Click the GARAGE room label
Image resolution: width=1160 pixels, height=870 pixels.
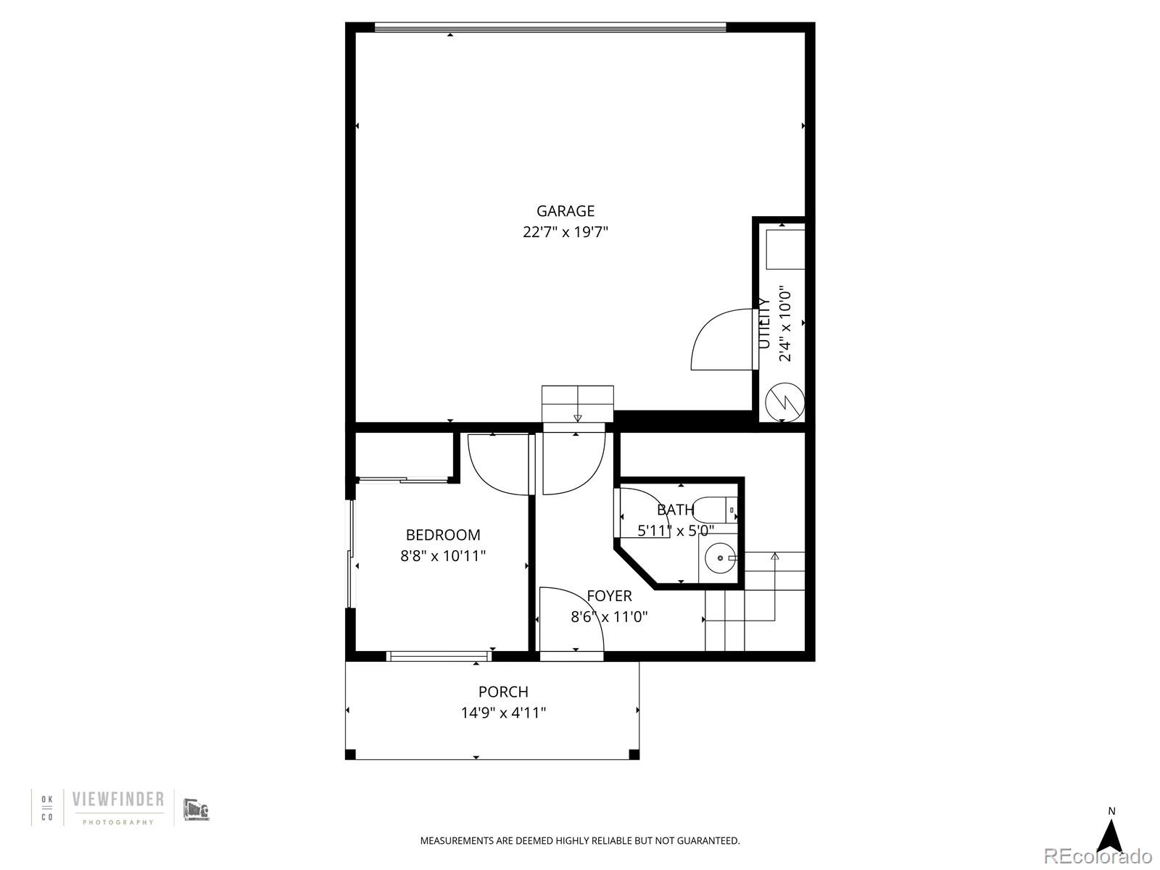tap(565, 211)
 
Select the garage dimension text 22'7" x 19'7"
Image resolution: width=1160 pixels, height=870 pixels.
tap(565, 233)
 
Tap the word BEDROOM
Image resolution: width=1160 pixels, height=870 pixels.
tap(442, 535)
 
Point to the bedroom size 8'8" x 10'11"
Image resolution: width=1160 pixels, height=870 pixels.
tap(442, 556)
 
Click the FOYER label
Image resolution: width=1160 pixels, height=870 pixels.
tap(609, 596)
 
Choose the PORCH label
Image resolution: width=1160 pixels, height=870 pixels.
tap(503, 692)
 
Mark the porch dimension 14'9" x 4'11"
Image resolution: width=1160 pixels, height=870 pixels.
tap(503, 713)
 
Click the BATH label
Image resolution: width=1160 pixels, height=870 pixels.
tap(675, 510)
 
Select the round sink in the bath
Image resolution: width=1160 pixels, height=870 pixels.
tap(719, 559)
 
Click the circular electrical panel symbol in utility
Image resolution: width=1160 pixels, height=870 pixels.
tap(785, 402)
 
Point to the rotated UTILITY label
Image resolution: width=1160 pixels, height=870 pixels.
tap(763, 323)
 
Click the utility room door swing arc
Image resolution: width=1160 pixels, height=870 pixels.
tap(718, 339)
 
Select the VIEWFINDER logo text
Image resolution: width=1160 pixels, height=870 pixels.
tap(117, 800)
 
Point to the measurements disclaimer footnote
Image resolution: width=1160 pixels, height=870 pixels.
tap(580, 841)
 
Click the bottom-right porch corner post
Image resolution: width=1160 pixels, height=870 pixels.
tap(634, 755)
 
